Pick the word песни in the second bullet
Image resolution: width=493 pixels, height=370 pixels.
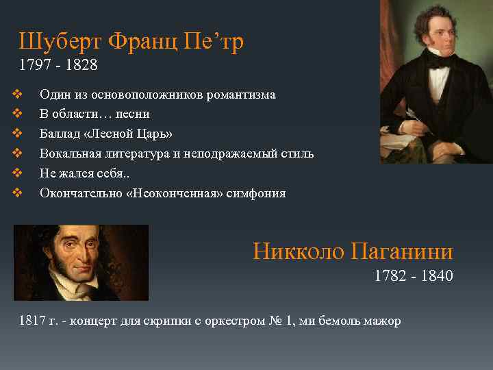tap(134, 114)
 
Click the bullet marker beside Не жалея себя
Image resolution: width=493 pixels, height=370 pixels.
tap(18, 173)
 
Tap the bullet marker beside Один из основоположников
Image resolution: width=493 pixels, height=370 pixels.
tap(18, 95)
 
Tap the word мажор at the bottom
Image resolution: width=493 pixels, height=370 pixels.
tap(384, 321)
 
